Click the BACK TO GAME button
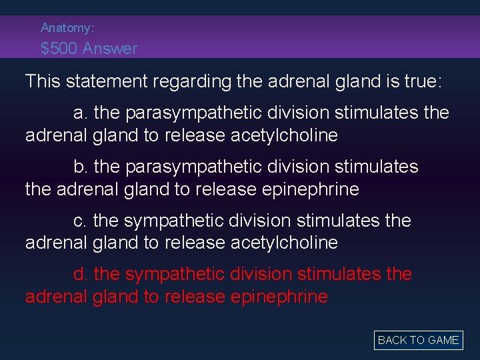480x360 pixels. tap(418, 340)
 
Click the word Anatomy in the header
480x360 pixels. tap(66, 28)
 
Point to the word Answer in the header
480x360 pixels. tap(115, 49)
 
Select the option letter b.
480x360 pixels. tap(80, 167)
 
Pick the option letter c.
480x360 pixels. tap(80, 221)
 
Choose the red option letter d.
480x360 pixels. tap(80, 274)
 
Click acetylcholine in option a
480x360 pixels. tap(284, 135)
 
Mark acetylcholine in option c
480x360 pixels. tap(284, 243)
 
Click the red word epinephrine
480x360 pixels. tap(279, 297)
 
